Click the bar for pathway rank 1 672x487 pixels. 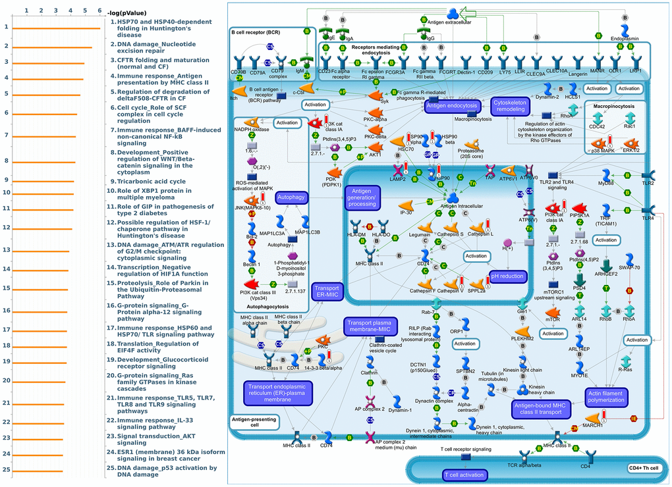56,28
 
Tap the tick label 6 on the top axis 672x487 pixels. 99,11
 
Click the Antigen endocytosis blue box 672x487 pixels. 451,105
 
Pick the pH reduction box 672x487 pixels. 508,276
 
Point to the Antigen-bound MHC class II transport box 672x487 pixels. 538,408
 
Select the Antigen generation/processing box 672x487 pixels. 362,197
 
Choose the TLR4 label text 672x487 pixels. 648,217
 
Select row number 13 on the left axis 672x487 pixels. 6,250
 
